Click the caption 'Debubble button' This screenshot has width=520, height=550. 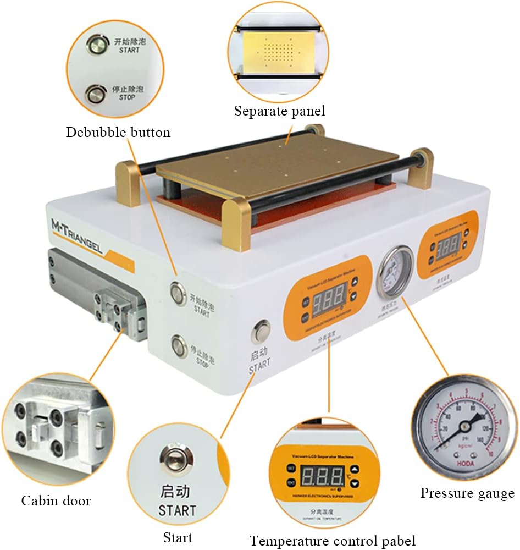(x=118, y=133)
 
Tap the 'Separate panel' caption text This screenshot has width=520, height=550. (x=279, y=111)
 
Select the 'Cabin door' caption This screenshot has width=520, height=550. (x=56, y=501)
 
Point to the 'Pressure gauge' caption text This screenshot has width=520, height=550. (x=467, y=493)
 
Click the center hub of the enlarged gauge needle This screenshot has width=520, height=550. (x=467, y=425)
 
